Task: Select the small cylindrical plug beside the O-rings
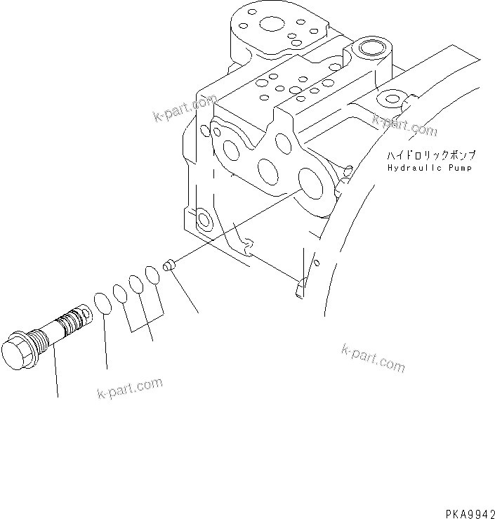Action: pos(169,266)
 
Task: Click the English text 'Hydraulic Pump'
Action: pos(429,168)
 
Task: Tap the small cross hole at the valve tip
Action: pos(84,310)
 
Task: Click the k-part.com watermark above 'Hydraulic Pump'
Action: pos(404,125)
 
